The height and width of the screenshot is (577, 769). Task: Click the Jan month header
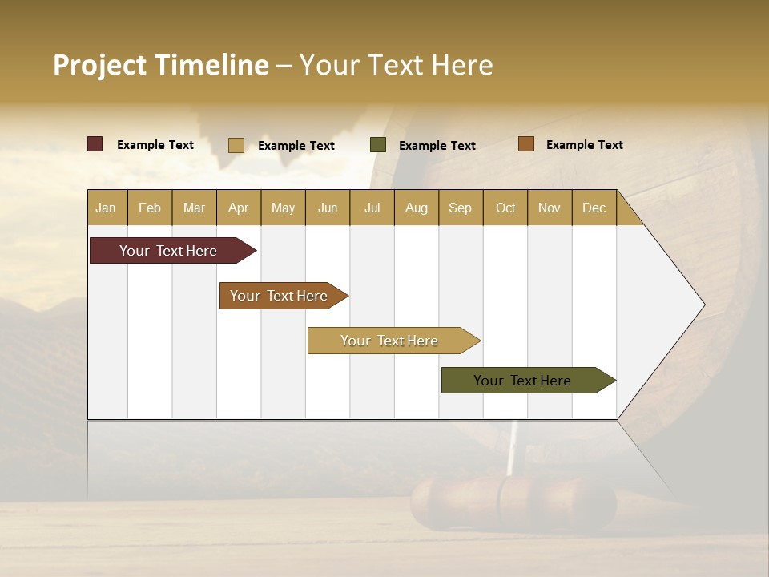coord(107,208)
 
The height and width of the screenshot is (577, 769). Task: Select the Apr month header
coord(239,208)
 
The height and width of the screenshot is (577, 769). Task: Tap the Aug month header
coord(417,208)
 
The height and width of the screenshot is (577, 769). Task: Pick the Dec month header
coord(594,208)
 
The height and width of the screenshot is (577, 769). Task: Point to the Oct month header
coord(505,208)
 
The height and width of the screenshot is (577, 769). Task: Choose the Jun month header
coord(328,208)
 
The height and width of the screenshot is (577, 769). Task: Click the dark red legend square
coord(95,144)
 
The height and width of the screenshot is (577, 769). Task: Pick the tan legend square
coord(236,145)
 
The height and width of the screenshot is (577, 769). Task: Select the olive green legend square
coord(378,145)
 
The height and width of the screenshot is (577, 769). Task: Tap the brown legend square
coord(525,144)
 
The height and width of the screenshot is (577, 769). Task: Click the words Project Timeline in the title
coord(160,65)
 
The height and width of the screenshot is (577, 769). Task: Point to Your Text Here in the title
coord(396,65)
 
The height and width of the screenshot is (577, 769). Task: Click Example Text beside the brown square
coord(584,144)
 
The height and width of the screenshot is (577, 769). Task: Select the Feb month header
coord(150,208)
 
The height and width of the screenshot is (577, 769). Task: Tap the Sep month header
coord(460,208)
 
